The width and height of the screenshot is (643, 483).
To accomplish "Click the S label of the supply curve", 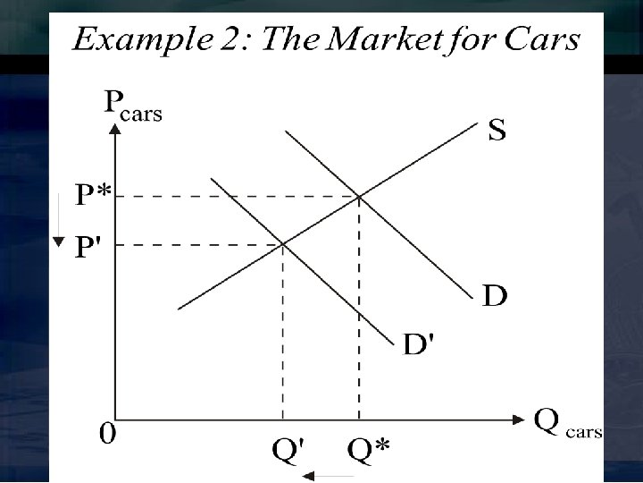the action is (x=497, y=131).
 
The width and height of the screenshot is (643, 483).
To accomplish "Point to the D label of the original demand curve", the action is (x=495, y=294).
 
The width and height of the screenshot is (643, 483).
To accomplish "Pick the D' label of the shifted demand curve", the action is (x=419, y=343).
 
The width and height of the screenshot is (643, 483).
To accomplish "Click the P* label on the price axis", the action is (x=93, y=195).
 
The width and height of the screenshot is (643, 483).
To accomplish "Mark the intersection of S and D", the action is (x=359, y=196).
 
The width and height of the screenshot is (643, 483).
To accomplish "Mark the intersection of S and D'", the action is (x=283, y=243).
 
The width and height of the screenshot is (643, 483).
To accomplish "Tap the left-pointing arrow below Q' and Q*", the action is (x=330, y=477).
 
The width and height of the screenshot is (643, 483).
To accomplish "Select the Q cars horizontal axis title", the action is (x=567, y=422).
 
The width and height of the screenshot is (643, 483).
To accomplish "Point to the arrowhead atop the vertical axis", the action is (x=115, y=129).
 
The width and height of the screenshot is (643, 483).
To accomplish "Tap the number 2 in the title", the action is (x=224, y=40).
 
